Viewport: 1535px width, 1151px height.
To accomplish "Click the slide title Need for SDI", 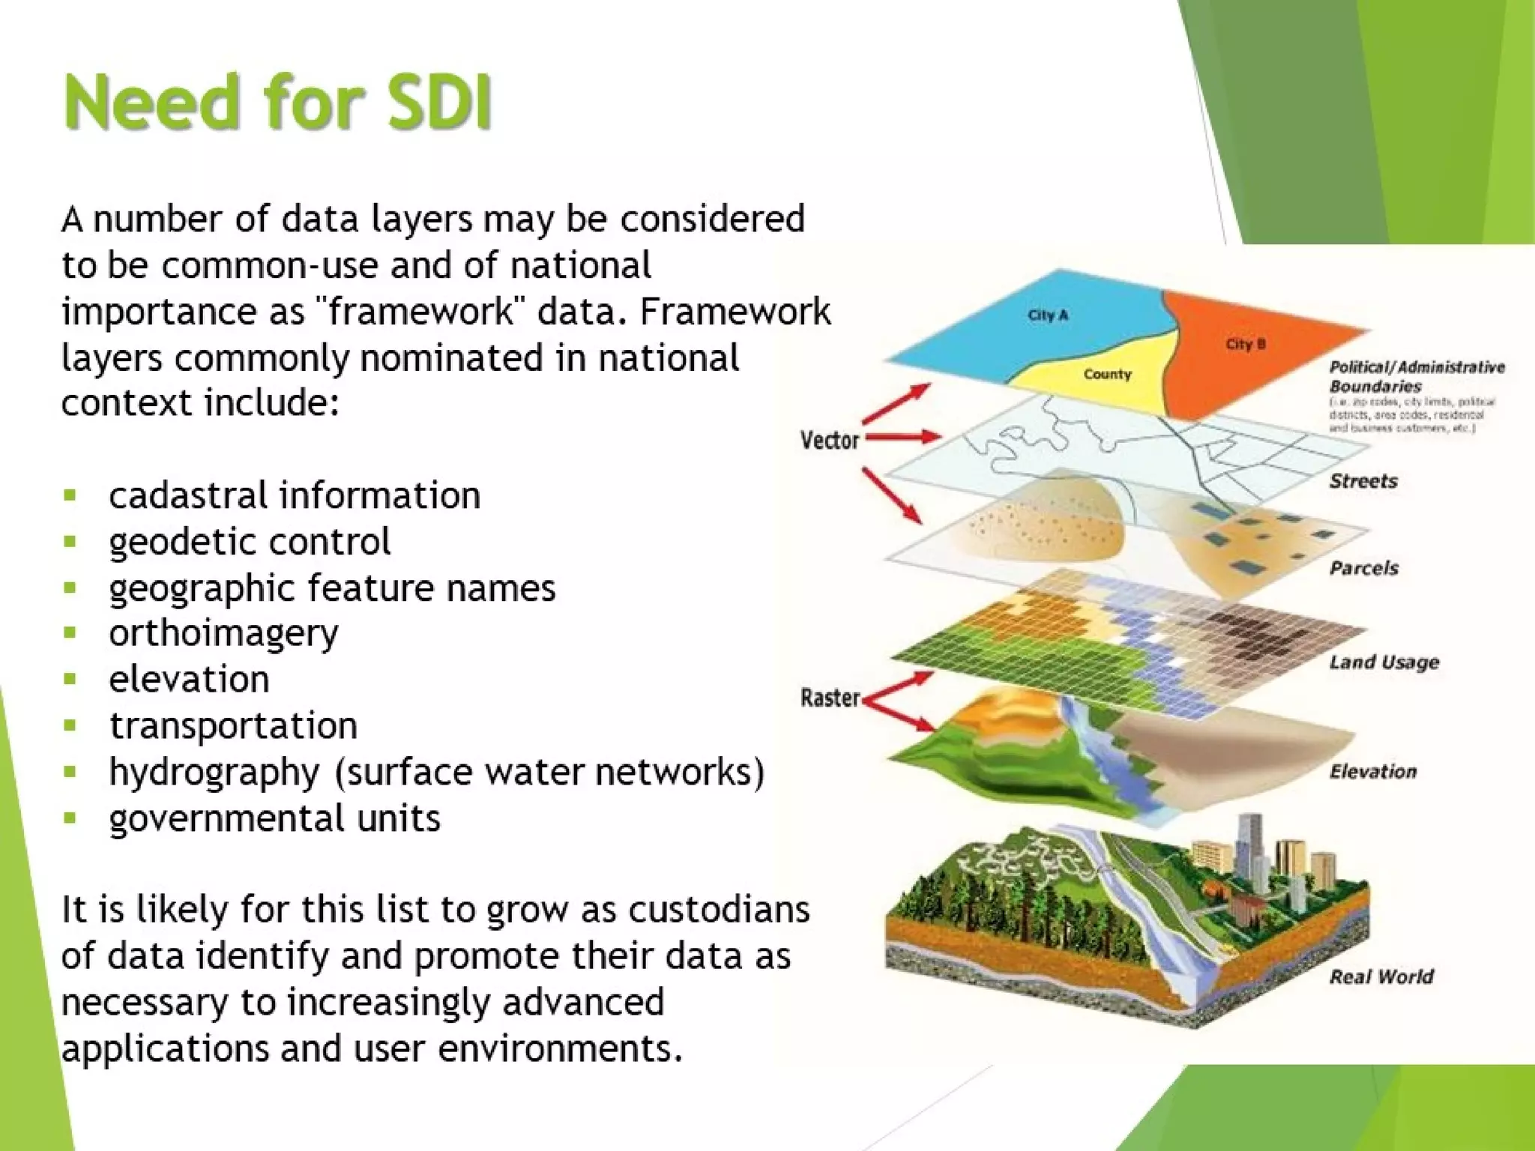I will point(277,103).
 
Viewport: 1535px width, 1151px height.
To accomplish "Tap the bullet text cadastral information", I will point(294,495).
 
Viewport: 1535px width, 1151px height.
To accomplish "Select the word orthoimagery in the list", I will point(223,633).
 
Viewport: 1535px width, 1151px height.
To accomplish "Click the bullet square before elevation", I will point(70,680).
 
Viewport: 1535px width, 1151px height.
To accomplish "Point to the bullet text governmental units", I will point(274,818).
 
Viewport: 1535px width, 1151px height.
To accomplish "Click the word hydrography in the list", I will point(214,772).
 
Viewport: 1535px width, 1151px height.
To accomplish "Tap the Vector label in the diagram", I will point(829,440).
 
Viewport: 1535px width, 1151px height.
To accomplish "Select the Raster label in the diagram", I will point(830,698).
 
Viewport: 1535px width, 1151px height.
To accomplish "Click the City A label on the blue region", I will point(1048,315).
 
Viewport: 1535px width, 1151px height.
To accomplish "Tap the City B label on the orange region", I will point(1246,344).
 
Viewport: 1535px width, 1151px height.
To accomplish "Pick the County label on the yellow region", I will point(1107,374).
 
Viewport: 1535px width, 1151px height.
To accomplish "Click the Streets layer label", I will point(1363,481).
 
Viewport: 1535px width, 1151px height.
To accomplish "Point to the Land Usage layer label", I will point(1384,662).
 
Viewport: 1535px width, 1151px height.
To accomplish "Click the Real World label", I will point(1381,976).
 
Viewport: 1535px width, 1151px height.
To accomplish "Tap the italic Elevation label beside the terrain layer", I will point(1373,772).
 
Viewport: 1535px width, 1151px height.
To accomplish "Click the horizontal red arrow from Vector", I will point(904,436).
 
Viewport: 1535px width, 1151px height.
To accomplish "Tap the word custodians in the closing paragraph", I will point(719,910).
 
